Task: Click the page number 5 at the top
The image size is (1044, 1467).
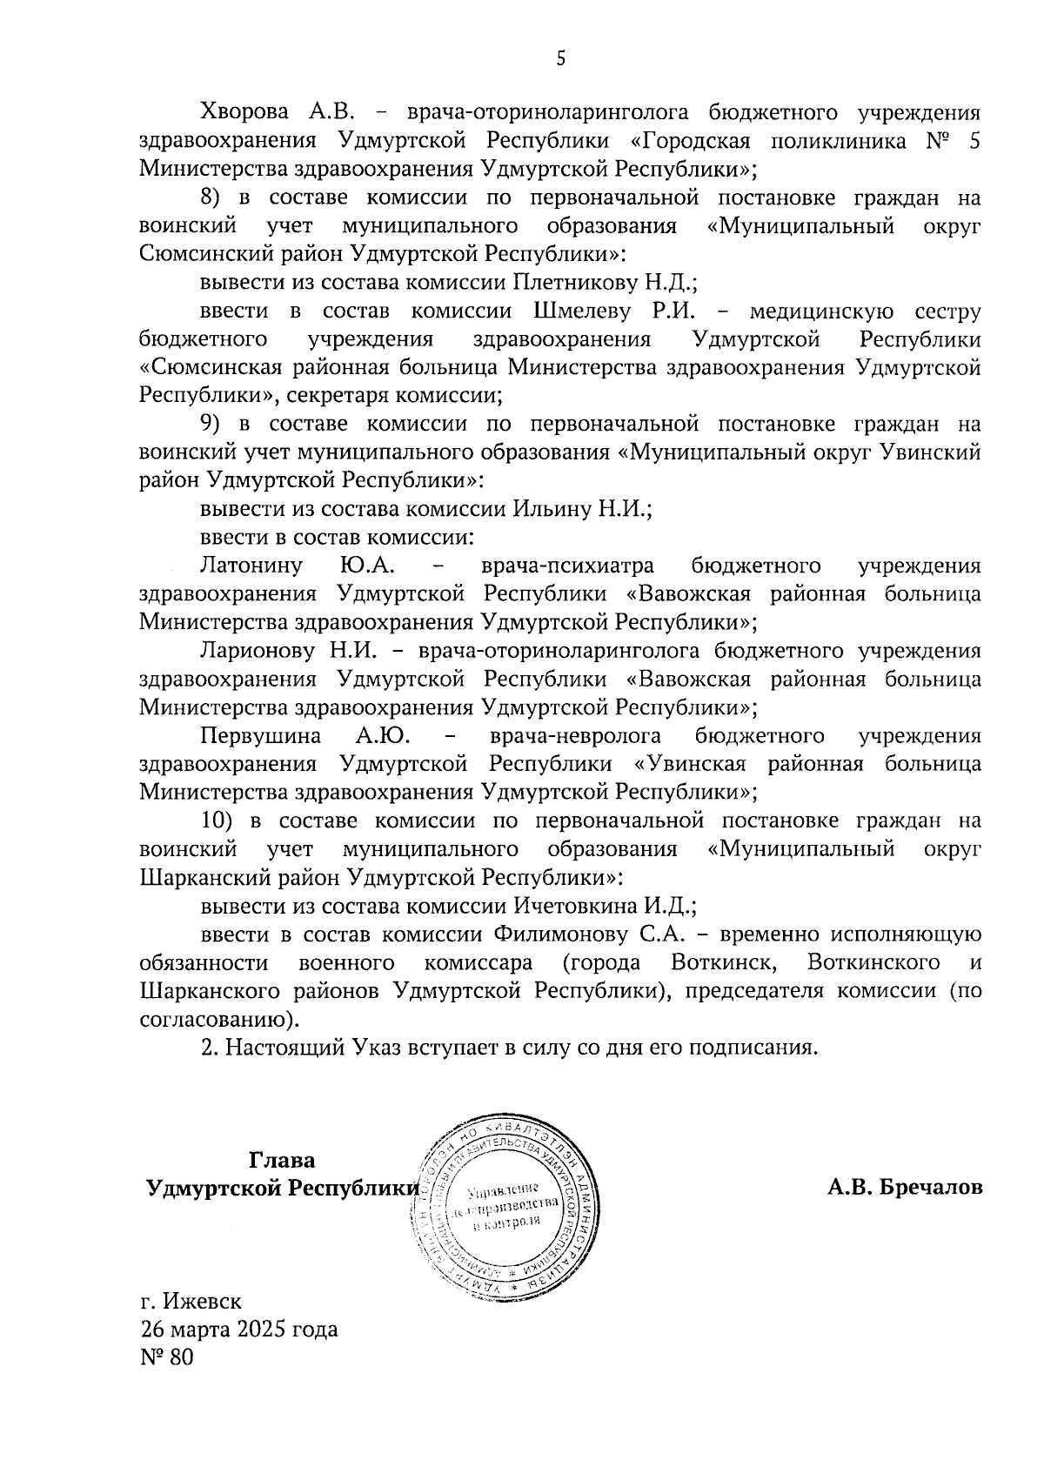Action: [560, 59]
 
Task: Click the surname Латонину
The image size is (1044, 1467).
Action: [251, 566]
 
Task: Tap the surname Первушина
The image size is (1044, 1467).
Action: [260, 736]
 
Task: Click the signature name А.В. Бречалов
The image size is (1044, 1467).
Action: [905, 1188]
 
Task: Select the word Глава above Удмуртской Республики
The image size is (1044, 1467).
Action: [282, 1161]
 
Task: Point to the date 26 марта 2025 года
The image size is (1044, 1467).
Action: [239, 1330]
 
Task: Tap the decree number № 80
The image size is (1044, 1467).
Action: [166, 1357]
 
